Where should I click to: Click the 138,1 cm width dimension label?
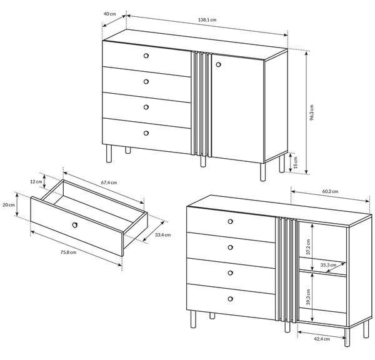207,20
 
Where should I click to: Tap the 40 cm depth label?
109,14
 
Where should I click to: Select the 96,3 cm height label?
312,112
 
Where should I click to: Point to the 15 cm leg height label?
296,162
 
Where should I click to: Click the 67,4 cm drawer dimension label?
109,182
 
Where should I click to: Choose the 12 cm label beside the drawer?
36,181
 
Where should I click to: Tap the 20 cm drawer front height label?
9,205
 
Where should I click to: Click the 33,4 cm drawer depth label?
163,235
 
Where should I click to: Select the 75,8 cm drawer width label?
68,252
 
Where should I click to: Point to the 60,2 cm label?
330,191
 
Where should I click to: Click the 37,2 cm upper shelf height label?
308,247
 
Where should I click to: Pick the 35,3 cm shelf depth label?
328,265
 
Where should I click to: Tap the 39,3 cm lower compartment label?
308,297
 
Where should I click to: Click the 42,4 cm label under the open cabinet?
322,339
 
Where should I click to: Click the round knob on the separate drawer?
75,225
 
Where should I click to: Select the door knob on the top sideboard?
218,64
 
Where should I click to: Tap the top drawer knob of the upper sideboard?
146,56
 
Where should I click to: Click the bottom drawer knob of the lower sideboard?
230,299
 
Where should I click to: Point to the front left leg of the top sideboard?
109,154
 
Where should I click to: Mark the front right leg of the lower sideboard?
347,337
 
